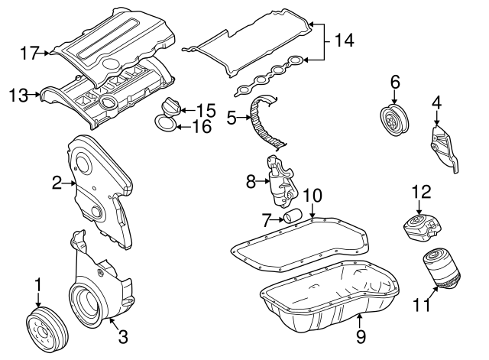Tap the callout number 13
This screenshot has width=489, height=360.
[18, 96]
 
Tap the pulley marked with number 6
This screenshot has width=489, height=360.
[395, 122]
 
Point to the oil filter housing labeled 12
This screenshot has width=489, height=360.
[420, 227]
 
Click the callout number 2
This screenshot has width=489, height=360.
[57, 182]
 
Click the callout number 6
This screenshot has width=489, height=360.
[394, 81]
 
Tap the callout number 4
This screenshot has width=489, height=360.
[436, 101]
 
